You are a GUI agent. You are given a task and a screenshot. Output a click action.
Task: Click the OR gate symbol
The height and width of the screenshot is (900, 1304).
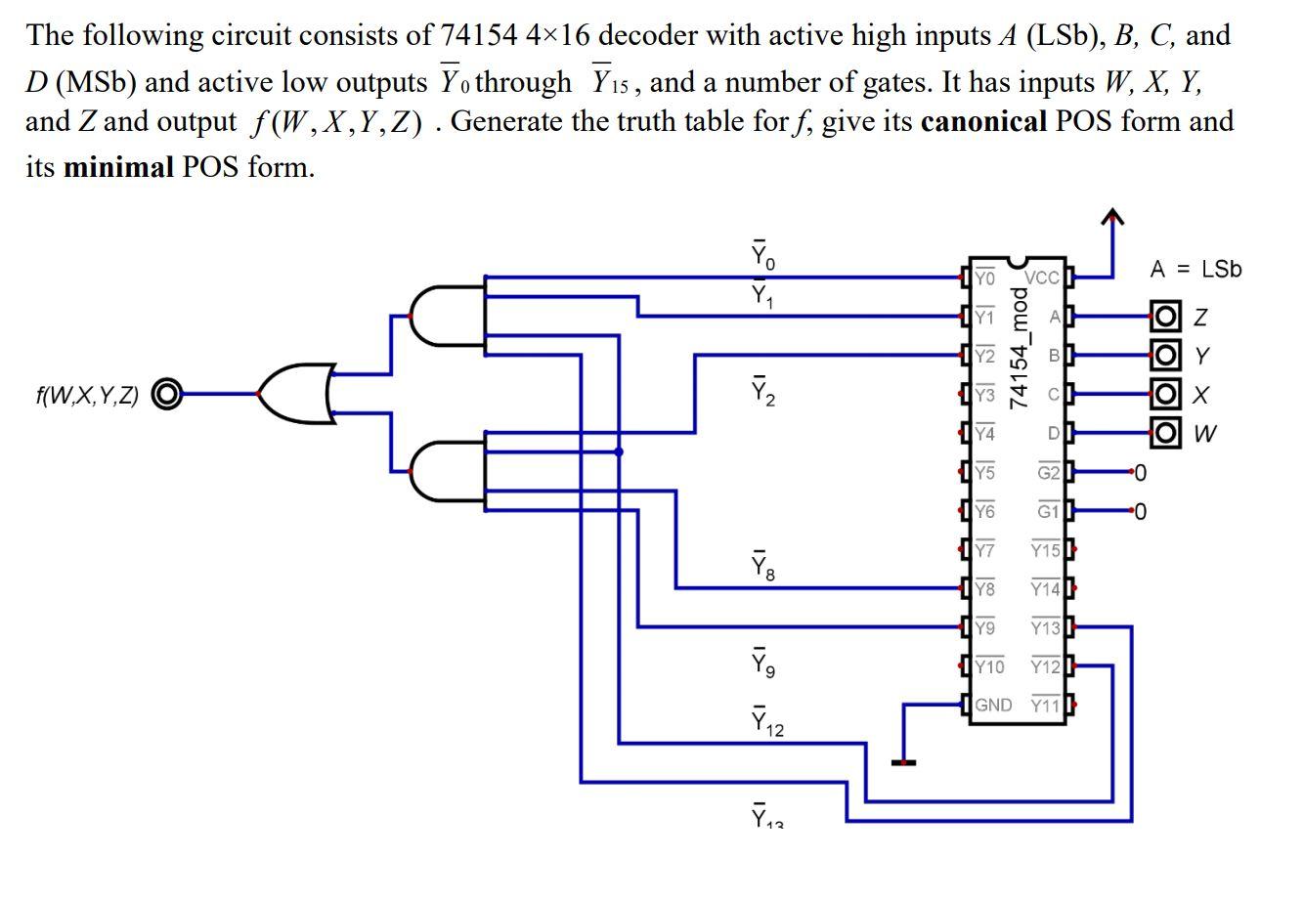click(x=297, y=394)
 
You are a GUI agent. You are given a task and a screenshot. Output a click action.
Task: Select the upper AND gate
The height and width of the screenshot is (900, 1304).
click(x=447, y=316)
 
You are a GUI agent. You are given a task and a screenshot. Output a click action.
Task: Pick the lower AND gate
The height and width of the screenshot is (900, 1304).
click(x=447, y=471)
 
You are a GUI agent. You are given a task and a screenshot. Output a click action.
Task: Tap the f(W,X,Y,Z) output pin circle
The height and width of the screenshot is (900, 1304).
click(x=167, y=394)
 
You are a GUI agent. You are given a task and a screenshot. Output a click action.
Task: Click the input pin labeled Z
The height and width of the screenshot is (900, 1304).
click(x=1165, y=316)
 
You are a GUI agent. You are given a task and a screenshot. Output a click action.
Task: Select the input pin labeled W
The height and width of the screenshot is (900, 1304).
click(x=1165, y=432)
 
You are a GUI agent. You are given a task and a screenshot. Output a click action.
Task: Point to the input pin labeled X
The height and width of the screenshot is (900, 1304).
click(x=1165, y=394)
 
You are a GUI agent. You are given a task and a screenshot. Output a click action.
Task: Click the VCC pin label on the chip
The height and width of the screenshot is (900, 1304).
click(x=1042, y=278)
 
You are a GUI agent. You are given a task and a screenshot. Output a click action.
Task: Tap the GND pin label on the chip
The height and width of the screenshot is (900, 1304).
click(x=993, y=705)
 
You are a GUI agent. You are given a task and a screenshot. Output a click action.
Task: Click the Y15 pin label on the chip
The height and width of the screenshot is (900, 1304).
click(x=1046, y=550)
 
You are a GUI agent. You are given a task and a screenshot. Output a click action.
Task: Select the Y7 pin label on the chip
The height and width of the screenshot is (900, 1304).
click(x=984, y=550)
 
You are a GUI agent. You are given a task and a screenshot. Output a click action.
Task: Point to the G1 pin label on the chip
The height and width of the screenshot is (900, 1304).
click(x=1049, y=511)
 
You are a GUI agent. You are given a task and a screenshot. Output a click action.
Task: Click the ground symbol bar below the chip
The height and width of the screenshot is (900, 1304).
click(x=903, y=762)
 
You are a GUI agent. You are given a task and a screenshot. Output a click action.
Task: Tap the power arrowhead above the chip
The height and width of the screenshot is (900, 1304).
click(x=1112, y=216)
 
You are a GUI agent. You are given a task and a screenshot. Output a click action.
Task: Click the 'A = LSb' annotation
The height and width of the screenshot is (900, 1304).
click(x=1195, y=270)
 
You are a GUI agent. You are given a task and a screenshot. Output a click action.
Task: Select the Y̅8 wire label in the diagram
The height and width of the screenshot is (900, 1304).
click(x=763, y=566)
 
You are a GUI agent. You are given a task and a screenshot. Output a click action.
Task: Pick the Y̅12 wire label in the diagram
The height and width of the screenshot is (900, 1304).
click(x=767, y=721)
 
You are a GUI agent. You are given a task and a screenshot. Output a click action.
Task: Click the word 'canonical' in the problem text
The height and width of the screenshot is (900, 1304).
click(x=983, y=121)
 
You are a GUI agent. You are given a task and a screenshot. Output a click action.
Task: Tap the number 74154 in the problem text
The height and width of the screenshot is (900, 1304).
click(x=478, y=35)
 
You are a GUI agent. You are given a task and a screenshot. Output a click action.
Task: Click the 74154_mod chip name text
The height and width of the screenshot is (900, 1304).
click(x=1019, y=347)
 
